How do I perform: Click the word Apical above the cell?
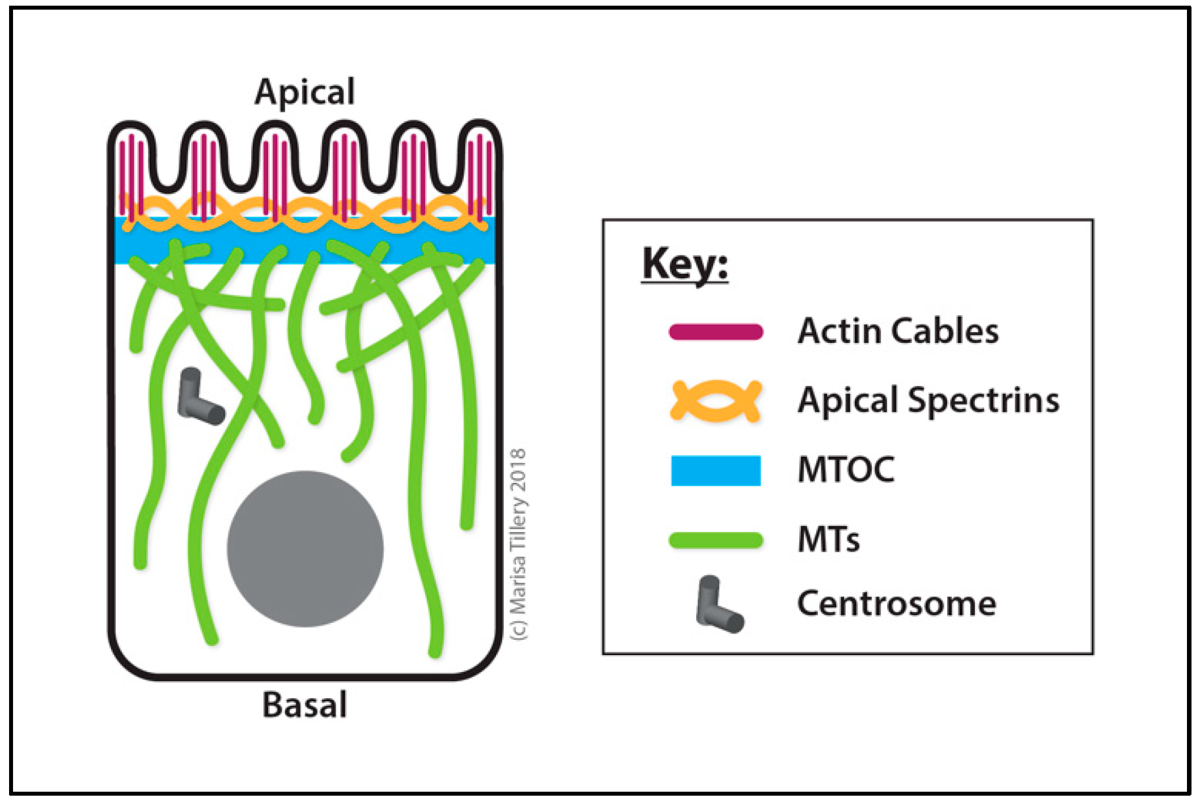[x=304, y=92]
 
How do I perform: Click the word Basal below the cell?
[x=304, y=705]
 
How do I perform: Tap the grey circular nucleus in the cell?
[x=305, y=549]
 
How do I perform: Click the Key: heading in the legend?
[x=685, y=264]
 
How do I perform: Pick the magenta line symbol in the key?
[x=715, y=332]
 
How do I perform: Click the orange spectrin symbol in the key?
[x=715, y=401]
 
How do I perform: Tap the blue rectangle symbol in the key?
[x=715, y=470]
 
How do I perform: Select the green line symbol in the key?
[x=715, y=540]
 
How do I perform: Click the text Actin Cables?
[x=898, y=331]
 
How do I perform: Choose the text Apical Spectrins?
[x=928, y=401]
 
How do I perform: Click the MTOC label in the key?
[x=846, y=470]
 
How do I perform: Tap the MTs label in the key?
[x=828, y=540]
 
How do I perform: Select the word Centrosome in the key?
[x=896, y=604]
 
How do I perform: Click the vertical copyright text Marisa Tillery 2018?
[x=518, y=544]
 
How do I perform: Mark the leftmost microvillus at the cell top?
[x=131, y=164]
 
